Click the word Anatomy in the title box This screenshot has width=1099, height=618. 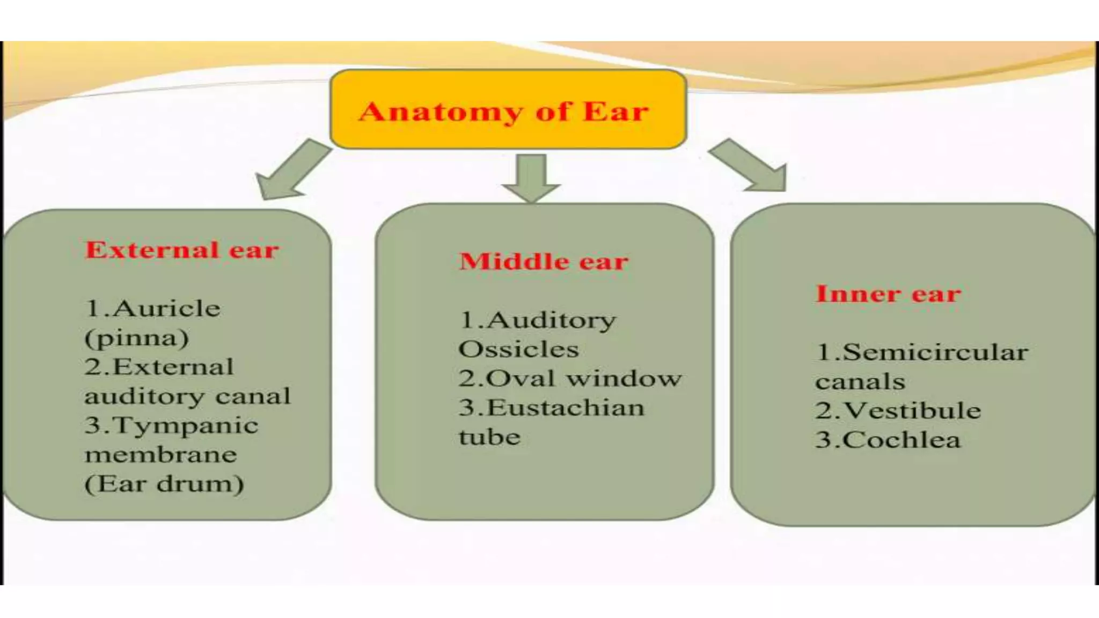(440, 112)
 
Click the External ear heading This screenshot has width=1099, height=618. (182, 250)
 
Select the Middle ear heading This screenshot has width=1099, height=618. (544, 261)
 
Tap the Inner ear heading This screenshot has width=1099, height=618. (888, 294)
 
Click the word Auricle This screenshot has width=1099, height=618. (166, 308)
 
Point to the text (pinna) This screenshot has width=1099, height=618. (137, 338)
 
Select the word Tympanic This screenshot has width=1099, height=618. (186, 425)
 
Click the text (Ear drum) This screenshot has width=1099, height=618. (164, 484)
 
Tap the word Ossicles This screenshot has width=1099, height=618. (518, 349)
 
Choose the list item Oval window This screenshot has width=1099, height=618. (570, 379)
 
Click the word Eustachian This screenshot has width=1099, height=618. (565, 408)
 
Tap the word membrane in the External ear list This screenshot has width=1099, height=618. (160, 455)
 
